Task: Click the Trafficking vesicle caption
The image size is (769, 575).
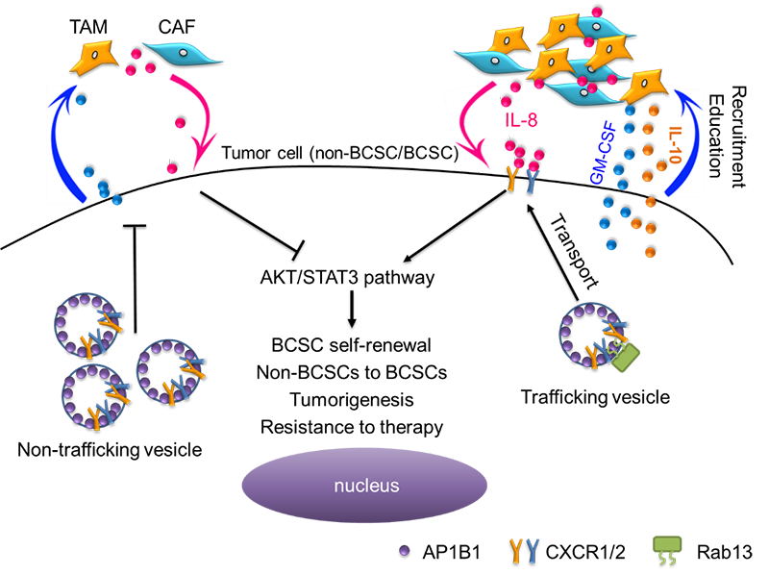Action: click(565, 394)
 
